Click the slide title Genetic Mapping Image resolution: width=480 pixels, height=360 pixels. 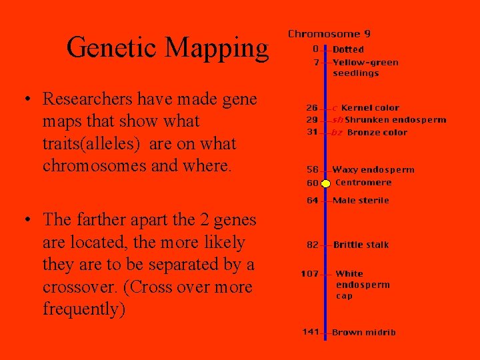[167, 48]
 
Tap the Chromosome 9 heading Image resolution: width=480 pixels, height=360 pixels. [329, 33]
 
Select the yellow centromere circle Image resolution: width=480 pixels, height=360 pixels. [326, 183]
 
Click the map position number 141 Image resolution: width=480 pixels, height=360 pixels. [311, 332]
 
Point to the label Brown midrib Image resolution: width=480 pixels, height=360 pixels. [363, 332]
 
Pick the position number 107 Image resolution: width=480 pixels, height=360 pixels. [309, 273]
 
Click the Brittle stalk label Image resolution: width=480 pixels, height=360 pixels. [361, 245]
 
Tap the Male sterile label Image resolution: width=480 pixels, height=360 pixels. [361, 200]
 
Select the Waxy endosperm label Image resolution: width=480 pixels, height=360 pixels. [373, 170]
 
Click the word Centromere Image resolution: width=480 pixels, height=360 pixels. [363, 183]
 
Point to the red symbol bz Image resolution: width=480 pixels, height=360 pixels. [337, 133]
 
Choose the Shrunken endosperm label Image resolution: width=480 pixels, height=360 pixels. [395, 120]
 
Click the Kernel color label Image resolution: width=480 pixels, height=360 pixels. [370, 107]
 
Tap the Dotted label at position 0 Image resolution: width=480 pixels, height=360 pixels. [348, 49]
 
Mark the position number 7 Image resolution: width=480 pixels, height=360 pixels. [316, 62]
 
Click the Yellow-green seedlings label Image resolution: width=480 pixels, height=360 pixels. [365, 67]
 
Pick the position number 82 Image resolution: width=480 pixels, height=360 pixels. [313, 245]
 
